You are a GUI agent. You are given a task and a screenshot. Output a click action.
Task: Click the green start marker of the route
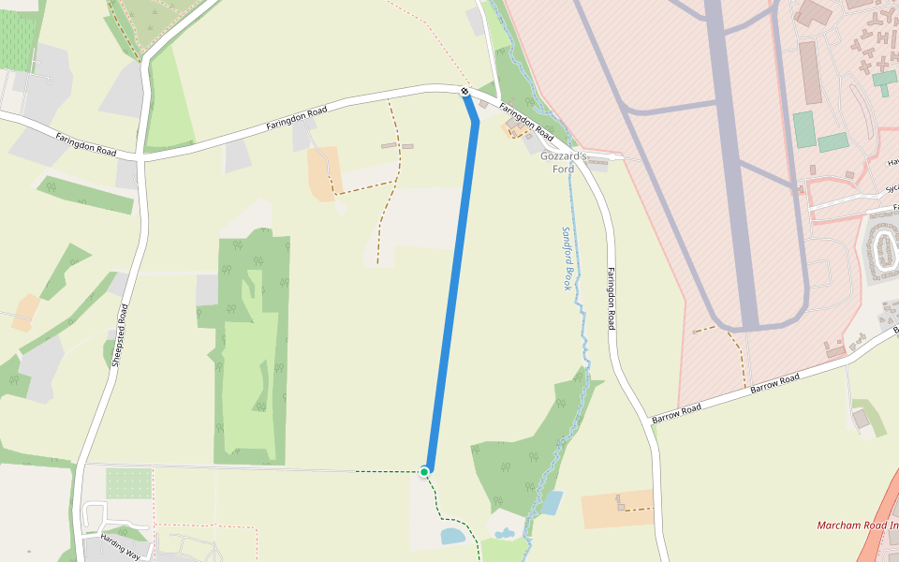[x=425, y=471]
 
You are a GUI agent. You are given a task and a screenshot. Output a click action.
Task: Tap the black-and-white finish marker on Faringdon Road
[x=465, y=91]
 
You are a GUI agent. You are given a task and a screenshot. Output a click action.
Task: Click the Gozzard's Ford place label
[x=563, y=162]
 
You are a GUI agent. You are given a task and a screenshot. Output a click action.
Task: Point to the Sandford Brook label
[x=567, y=258]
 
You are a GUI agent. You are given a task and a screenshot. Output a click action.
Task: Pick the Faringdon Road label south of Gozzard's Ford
[x=612, y=299]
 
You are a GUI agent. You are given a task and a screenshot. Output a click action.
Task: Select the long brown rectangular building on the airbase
[x=808, y=74]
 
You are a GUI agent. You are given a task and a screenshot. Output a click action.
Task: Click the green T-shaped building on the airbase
[x=884, y=80]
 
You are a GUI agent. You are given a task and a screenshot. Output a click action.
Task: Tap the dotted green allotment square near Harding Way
[x=128, y=483]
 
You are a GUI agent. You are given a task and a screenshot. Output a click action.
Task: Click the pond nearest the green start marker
[x=451, y=537]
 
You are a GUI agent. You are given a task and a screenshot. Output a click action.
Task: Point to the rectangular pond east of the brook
[x=553, y=503]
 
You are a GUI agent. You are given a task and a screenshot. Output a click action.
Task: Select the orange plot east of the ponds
[x=617, y=509]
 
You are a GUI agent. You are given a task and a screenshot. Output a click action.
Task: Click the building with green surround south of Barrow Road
[x=861, y=419]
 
